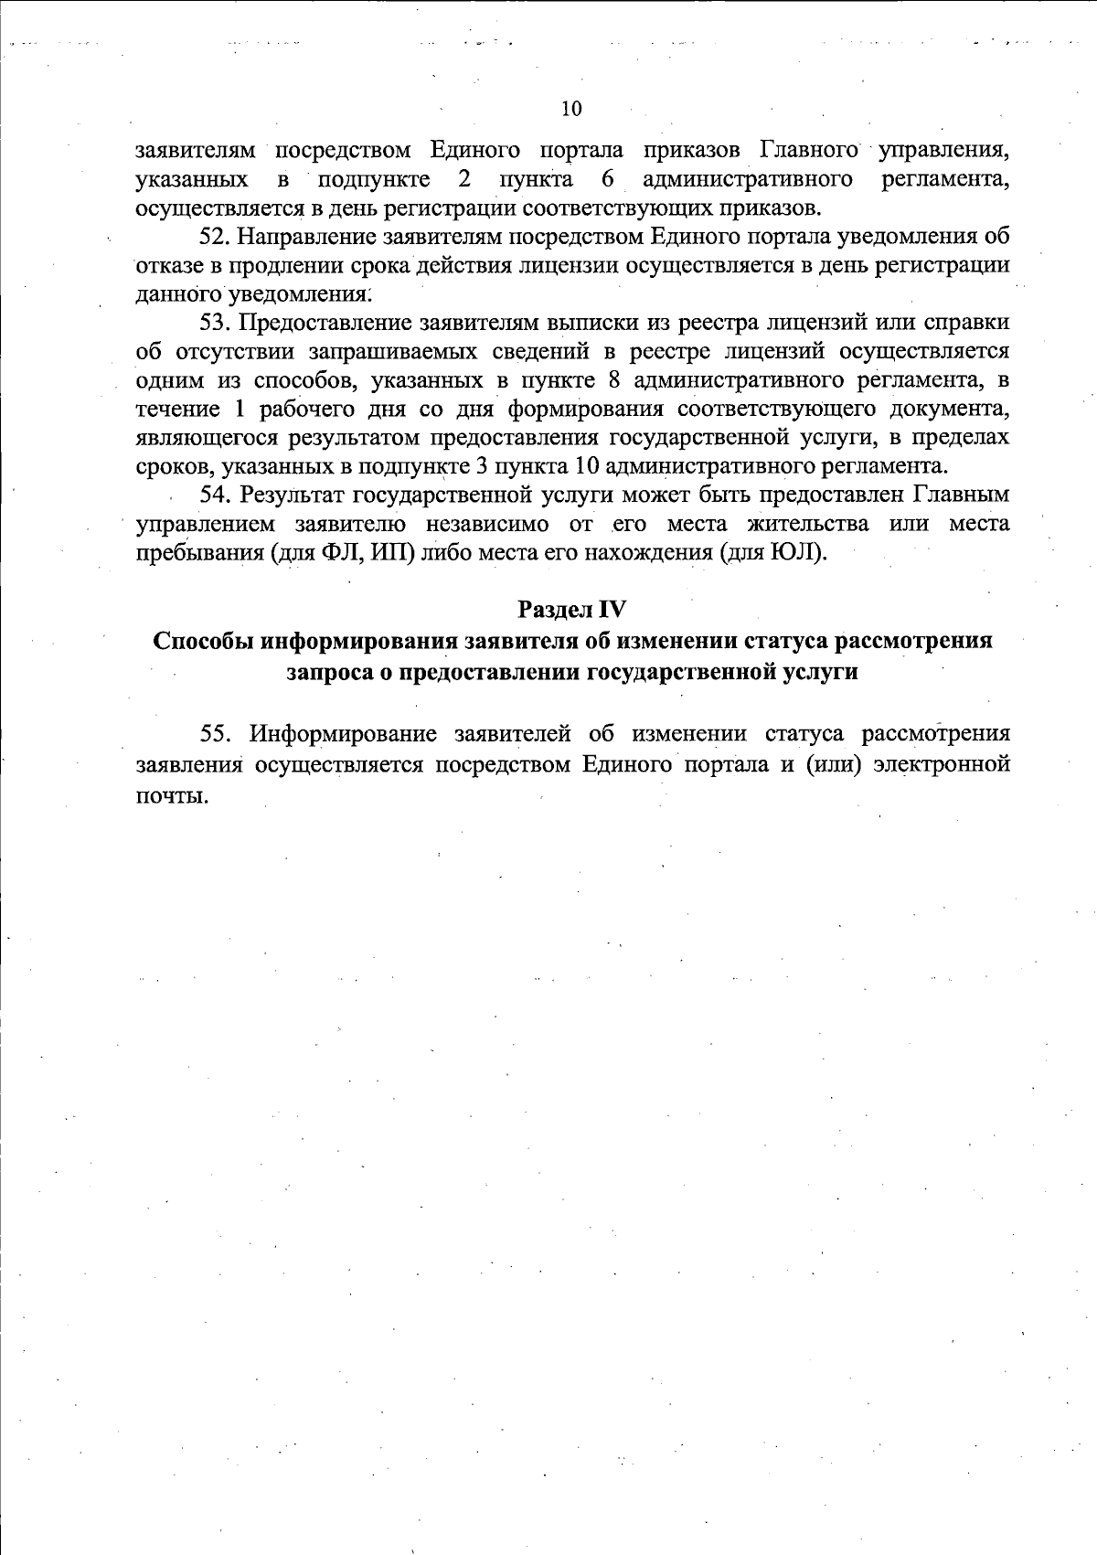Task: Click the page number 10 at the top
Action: click(x=570, y=109)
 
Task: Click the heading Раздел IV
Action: click(x=572, y=609)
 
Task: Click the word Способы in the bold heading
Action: click(x=204, y=640)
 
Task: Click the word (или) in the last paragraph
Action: click(x=834, y=764)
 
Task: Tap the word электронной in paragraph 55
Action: click(x=942, y=764)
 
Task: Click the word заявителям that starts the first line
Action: click(x=196, y=150)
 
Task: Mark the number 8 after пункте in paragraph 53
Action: click(x=614, y=380)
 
